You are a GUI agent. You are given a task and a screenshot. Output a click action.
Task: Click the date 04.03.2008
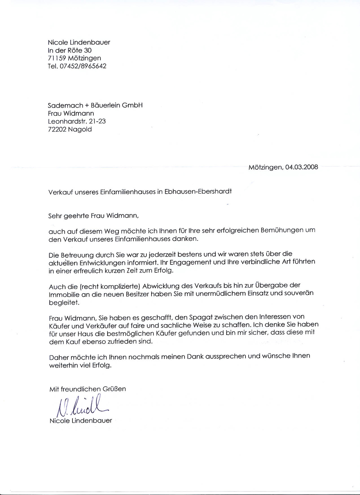(x=302, y=167)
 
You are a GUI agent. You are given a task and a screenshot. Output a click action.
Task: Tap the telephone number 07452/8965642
(x=83, y=66)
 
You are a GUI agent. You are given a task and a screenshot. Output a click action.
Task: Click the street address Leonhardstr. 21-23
(x=77, y=121)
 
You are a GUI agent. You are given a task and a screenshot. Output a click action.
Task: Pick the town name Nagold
(x=80, y=129)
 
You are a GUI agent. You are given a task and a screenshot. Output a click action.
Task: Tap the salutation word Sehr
(x=55, y=215)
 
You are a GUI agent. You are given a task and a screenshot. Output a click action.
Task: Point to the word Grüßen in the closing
(x=114, y=389)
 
